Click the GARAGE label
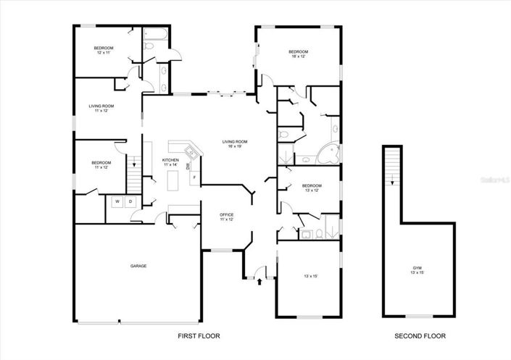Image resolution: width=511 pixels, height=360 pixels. click(x=138, y=266)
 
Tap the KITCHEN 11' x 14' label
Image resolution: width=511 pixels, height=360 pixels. click(x=170, y=162)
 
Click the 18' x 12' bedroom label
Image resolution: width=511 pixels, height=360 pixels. click(x=298, y=54)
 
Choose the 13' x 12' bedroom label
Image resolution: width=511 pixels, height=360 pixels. click(x=311, y=188)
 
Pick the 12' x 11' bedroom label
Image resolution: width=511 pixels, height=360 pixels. click(x=104, y=50)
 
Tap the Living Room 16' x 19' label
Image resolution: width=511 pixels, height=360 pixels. click(x=235, y=143)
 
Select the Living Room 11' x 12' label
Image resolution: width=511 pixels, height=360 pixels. click(x=99, y=109)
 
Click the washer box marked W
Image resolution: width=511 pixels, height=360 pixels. click(x=117, y=201)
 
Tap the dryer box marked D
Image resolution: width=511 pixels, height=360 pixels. click(x=130, y=201)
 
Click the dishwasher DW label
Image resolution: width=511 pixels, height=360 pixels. click(x=188, y=167)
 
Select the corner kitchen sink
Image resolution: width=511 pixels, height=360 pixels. click(x=190, y=151)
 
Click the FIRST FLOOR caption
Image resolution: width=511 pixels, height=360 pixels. click(x=199, y=336)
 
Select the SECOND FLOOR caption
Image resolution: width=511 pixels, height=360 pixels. click(x=420, y=336)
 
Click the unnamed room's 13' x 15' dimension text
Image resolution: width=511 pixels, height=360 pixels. click(x=311, y=276)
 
